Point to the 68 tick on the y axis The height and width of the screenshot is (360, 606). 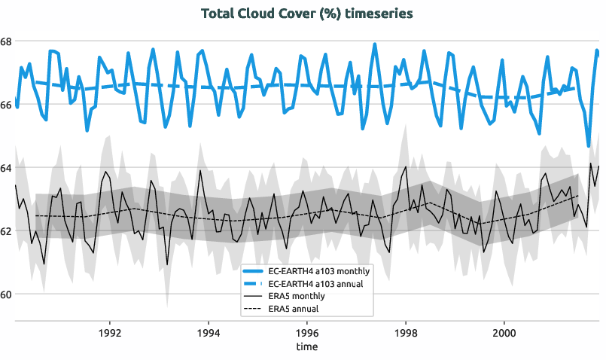pyautogui.click(x=6, y=41)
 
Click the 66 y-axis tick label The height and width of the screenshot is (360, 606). pyautogui.click(x=6, y=104)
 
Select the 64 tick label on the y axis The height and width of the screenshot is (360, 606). pyautogui.click(x=6, y=167)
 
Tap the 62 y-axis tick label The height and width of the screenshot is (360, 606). pyautogui.click(x=6, y=230)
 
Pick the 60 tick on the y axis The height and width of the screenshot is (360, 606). pyautogui.click(x=6, y=294)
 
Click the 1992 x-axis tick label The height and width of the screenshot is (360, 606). pyautogui.click(x=110, y=332)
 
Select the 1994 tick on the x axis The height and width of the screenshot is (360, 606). pyautogui.click(x=209, y=332)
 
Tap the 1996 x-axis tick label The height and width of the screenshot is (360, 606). pyautogui.click(x=307, y=332)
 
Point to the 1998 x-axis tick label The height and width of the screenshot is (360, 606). pyautogui.click(x=406, y=332)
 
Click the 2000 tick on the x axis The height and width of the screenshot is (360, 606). pyautogui.click(x=504, y=332)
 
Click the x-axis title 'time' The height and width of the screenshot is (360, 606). pyautogui.click(x=306, y=347)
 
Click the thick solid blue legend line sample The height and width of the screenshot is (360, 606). pyautogui.click(x=255, y=271)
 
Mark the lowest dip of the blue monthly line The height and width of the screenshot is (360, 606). pyautogui.click(x=588, y=145)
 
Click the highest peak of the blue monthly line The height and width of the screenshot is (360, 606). pyautogui.click(x=374, y=44)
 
